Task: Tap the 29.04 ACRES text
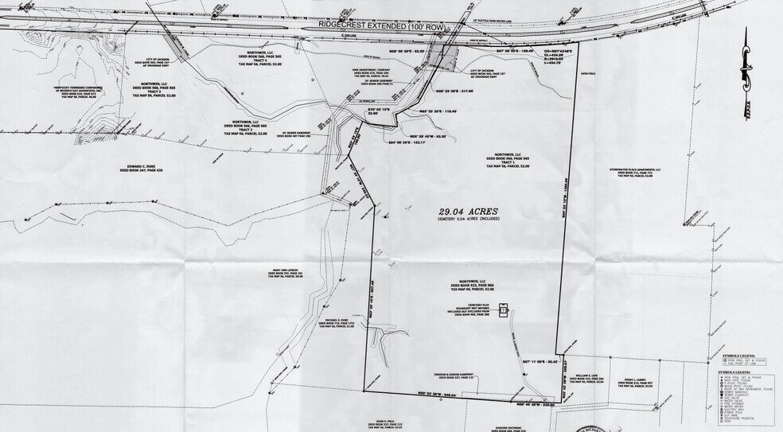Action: [473, 212]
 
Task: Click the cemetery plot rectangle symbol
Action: [503, 310]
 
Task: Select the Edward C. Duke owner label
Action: [140, 168]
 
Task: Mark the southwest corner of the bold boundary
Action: [364, 390]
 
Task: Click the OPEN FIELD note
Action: [566, 76]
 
